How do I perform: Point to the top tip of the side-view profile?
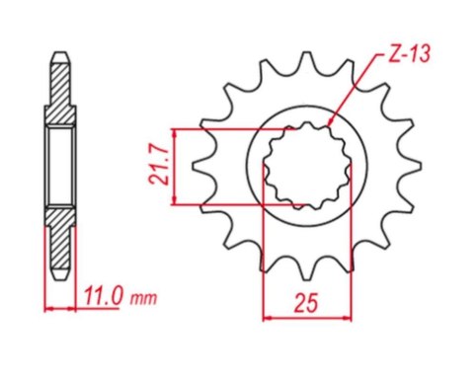point(59,50)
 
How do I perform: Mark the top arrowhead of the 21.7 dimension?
point(174,131)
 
